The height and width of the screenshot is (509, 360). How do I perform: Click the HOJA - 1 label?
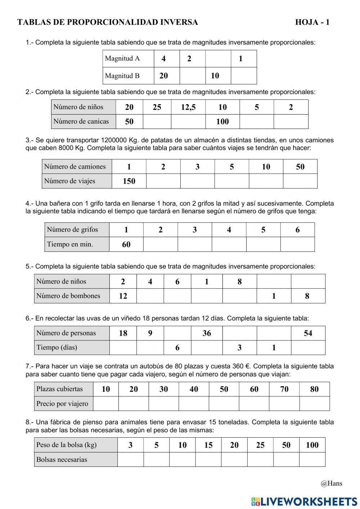[312, 22]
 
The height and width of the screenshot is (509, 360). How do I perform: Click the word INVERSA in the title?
[179, 22]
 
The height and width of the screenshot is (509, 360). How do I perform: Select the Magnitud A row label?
[122, 58]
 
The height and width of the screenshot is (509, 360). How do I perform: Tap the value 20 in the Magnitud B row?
[163, 76]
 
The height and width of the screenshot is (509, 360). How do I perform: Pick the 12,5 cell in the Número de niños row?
[188, 107]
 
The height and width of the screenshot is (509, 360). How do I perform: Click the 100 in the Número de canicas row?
[222, 122]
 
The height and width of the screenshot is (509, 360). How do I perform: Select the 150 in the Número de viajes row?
[129, 181]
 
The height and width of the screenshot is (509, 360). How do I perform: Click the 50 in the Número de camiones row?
[300, 167]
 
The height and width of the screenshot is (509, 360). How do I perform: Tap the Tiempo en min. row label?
[70, 244]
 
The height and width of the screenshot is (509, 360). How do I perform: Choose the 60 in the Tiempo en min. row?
[126, 245]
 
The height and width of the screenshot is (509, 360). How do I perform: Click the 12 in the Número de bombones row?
[123, 296]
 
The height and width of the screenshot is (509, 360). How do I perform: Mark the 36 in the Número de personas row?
[206, 333]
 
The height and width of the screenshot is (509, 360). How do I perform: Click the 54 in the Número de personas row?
[308, 333]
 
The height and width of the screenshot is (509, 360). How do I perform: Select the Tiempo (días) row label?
[57, 348]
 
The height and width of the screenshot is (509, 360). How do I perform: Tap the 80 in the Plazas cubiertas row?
[314, 389]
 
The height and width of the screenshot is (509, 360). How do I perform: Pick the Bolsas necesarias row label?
[62, 460]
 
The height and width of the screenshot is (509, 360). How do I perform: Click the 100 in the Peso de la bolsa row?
[312, 445]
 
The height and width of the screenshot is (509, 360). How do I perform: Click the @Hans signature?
[331, 483]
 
